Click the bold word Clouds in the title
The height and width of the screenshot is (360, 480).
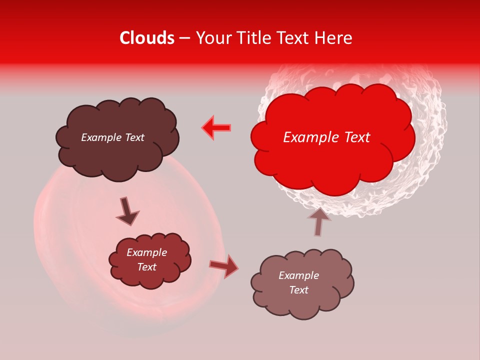point(147,38)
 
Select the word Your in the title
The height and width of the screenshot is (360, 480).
point(213,38)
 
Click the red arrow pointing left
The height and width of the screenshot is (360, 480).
point(216,127)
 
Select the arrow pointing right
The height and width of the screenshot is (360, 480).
point(223,266)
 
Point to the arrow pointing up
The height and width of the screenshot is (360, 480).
point(319,220)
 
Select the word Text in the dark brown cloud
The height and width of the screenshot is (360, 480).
point(134,137)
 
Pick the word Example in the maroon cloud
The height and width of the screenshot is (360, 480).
point(147,252)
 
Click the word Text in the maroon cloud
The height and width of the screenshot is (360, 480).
point(147,267)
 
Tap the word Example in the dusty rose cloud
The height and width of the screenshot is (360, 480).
point(298,275)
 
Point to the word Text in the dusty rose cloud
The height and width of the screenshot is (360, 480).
point(298,290)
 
